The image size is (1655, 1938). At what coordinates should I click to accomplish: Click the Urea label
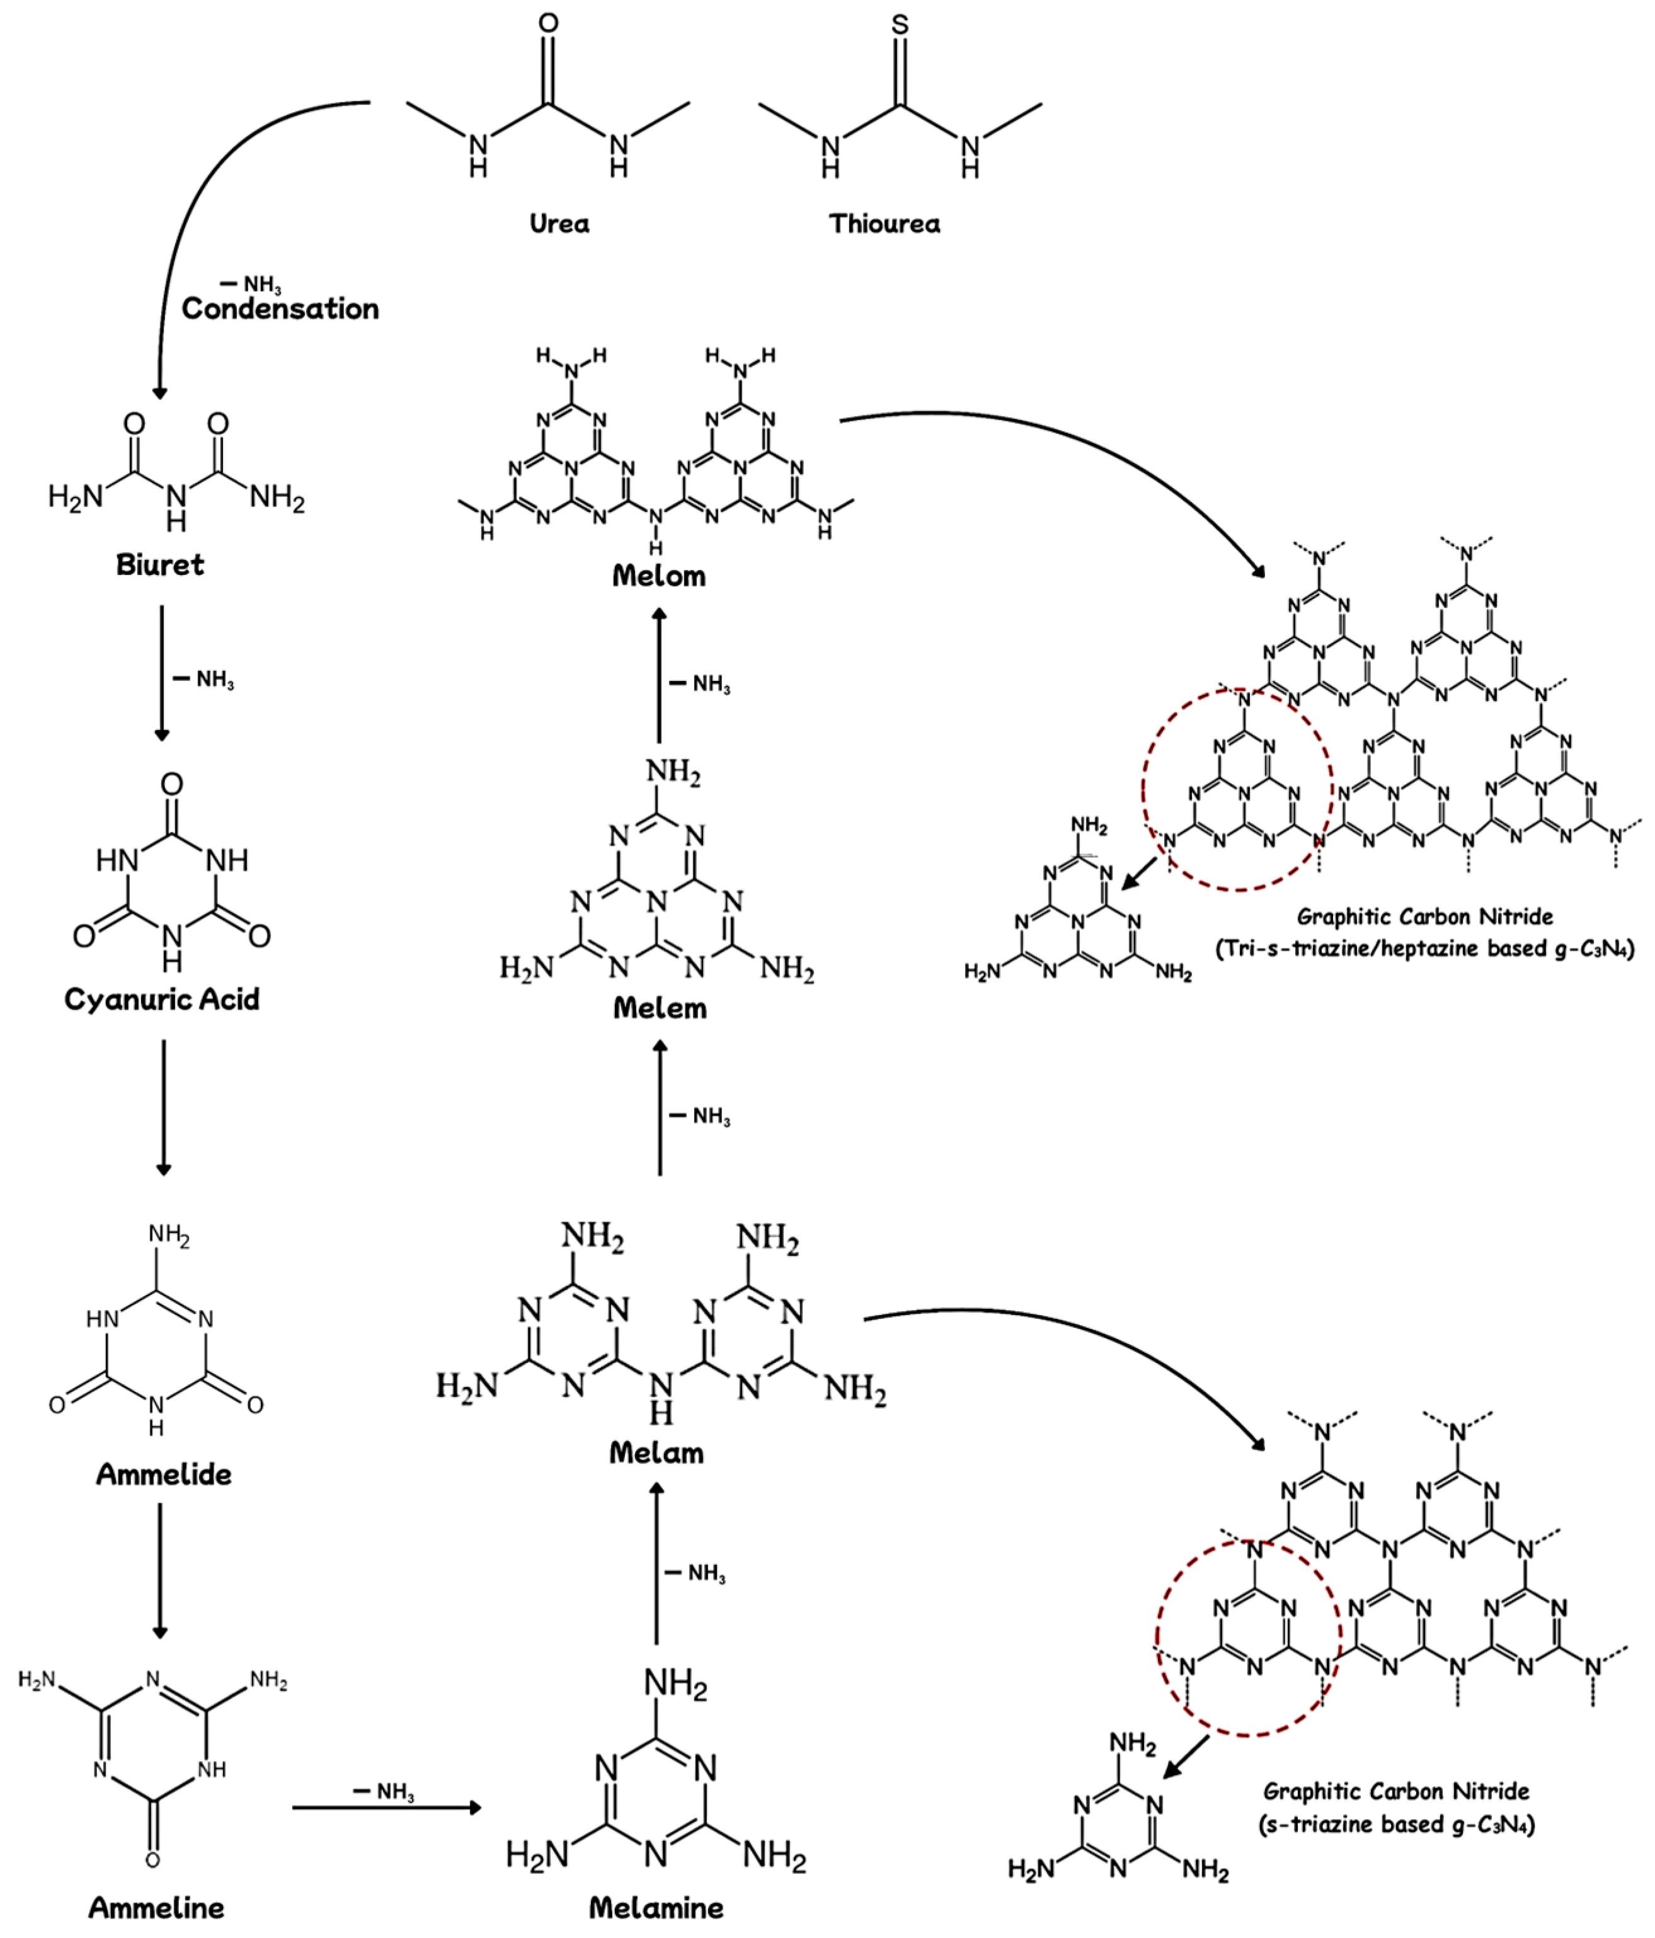(559, 224)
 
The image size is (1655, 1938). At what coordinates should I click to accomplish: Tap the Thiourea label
(884, 224)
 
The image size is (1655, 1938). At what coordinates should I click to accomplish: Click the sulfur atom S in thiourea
(899, 25)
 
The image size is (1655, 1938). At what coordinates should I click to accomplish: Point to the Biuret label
(160, 565)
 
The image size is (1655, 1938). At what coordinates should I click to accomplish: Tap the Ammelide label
(164, 1474)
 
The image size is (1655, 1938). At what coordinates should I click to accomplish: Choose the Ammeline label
(156, 1908)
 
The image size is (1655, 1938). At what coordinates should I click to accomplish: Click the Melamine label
(656, 1908)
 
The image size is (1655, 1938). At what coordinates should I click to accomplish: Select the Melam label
(656, 1452)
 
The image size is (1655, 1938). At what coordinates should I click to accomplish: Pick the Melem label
(660, 1008)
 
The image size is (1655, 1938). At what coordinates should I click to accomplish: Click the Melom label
(658, 575)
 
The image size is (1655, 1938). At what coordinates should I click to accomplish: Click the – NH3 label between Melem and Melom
(700, 685)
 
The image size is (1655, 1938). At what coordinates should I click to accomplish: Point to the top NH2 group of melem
(673, 773)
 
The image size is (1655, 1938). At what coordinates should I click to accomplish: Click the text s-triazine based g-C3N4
(1396, 1825)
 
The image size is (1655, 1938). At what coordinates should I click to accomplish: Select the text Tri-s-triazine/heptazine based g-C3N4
(1425, 949)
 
